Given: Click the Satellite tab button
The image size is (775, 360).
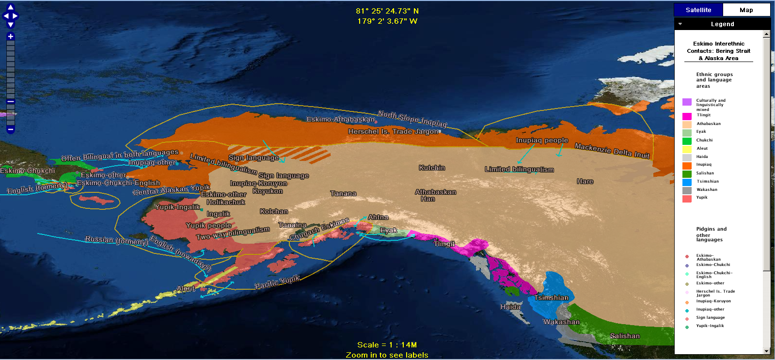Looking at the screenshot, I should tap(698, 10).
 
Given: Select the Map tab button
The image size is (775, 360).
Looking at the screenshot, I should tap(746, 10).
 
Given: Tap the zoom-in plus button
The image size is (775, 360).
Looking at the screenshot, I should tap(11, 36).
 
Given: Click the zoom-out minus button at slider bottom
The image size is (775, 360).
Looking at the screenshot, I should tap(11, 129).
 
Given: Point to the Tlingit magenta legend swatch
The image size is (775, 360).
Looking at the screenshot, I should tap(687, 116).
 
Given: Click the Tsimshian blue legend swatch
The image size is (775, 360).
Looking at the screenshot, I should tap(687, 182).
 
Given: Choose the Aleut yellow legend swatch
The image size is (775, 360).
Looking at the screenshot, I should tap(687, 149).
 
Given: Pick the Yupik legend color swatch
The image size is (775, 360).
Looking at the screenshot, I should tap(687, 199).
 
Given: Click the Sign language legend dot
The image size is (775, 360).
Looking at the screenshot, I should tap(687, 319).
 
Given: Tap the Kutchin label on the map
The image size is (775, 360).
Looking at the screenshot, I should tap(432, 168).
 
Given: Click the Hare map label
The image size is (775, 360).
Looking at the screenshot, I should tap(585, 181).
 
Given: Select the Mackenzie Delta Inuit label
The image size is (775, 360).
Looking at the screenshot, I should tap(612, 151).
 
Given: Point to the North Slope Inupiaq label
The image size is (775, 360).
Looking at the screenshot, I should tap(412, 118).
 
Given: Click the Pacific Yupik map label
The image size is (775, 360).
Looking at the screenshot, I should tap(277, 282).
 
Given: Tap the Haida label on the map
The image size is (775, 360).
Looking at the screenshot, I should tap(510, 307).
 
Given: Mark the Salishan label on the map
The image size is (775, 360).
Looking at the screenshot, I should tap(625, 336).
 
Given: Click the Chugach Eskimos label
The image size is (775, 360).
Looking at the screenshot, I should tap(319, 229).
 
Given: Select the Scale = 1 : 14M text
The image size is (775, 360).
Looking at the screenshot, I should tap(387, 345).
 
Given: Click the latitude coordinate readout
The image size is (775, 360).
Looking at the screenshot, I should tap(387, 11).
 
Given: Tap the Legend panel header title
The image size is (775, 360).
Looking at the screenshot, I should tap(722, 24).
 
